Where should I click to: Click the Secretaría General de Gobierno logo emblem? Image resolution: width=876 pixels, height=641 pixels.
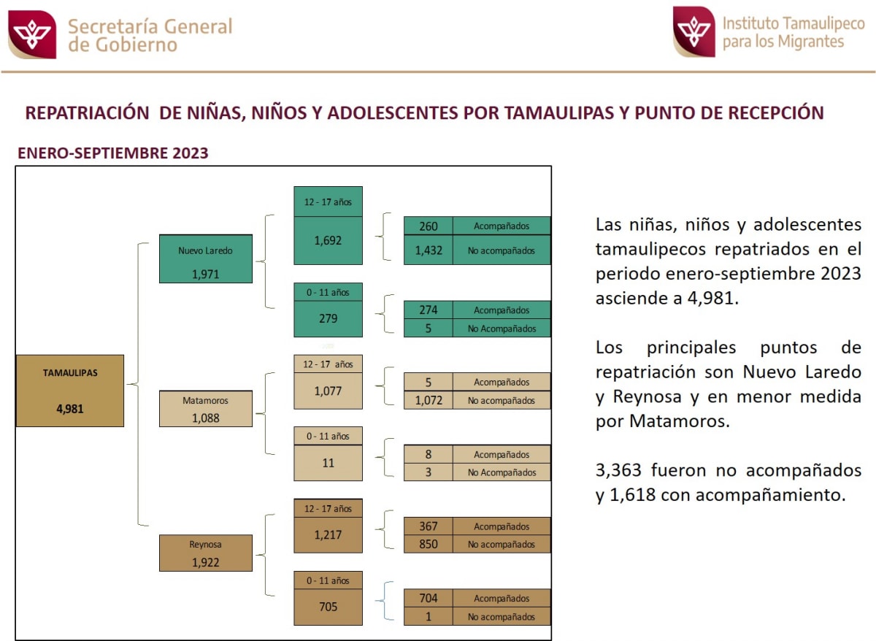[32, 34]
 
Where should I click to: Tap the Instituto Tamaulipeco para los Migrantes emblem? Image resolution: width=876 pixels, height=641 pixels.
[693, 31]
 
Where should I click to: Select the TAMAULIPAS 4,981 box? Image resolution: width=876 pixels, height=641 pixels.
[70, 391]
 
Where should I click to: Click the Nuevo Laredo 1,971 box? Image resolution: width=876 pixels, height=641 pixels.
[205, 258]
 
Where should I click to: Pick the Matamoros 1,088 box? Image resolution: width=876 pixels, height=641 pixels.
[205, 408]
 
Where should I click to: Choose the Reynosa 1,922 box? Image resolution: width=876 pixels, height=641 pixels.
[205, 553]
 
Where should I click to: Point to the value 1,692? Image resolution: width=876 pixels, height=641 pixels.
[328, 239]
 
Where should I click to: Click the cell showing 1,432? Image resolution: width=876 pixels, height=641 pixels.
[429, 250]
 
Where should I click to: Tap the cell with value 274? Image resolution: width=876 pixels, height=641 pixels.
[429, 310]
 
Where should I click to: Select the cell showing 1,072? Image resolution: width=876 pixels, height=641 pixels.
[429, 400]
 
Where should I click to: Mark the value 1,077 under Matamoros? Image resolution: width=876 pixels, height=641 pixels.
[328, 391]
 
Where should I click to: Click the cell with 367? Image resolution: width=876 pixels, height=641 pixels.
[429, 526]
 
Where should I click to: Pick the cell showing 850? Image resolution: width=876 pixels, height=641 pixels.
[429, 544]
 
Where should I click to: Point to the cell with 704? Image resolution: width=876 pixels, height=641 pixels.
[429, 599]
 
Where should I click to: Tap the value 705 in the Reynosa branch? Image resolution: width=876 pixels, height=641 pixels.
[328, 606]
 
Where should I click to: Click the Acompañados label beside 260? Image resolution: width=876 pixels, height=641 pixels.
[501, 226]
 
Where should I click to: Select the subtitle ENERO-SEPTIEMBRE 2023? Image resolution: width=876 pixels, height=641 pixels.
[113, 153]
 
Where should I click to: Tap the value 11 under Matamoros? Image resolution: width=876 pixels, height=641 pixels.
[328, 462]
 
